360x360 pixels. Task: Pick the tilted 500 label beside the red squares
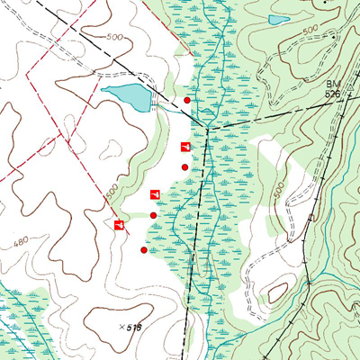click(x=112, y=192)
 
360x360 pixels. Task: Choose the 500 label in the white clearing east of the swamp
click(x=276, y=190)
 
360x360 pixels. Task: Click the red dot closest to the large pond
click(x=187, y=100)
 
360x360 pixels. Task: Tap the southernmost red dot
click(x=144, y=250)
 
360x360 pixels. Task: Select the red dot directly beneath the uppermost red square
click(x=184, y=167)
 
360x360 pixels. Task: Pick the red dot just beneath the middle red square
click(x=153, y=215)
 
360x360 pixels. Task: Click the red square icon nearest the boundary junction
click(x=185, y=146)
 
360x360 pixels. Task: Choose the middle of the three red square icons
click(x=154, y=193)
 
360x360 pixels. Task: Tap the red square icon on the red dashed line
click(x=119, y=224)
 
